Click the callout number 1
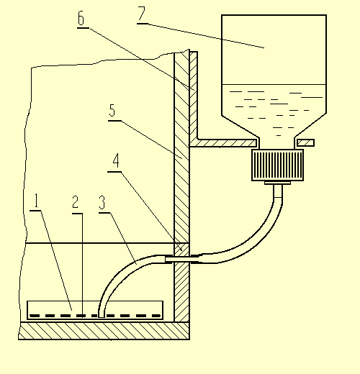(36, 201)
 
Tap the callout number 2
(76, 202)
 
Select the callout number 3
(102, 203)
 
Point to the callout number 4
(116, 160)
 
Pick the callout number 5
(112, 111)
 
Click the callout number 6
(81, 18)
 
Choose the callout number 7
(142, 14)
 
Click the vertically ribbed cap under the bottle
(278, 165)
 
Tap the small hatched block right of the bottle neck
(305, 143)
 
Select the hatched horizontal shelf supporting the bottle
(223, 143)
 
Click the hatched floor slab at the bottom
(104, 331)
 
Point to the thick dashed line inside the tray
(95, 316)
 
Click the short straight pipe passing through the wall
(182, 259)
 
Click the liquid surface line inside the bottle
(274, 84)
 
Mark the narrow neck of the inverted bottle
(277, 142)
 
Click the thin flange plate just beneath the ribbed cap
(278, 183)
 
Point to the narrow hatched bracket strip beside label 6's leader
(194, 95)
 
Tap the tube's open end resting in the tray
(102, 315)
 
